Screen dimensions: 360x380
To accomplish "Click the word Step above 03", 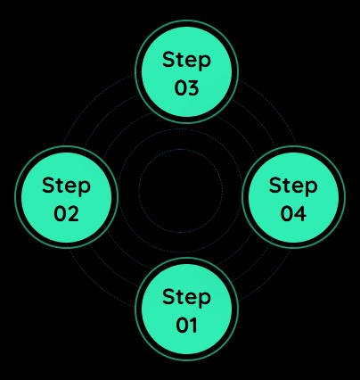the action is (186, 61).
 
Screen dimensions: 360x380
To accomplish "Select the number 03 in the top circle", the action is (186, 87).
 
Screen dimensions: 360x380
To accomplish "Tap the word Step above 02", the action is (66, 186).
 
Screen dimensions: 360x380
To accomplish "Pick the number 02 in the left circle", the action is (67, 213).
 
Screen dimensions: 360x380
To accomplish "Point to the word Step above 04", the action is (293, 186).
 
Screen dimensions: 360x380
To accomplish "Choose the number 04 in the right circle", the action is (293, 213).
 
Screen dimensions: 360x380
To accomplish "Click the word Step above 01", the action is (186, 298).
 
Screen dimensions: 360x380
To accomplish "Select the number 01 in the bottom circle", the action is (186, 325).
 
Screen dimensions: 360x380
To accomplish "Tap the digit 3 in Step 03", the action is (193, 87).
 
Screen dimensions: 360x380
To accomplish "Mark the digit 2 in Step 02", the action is (74, 213).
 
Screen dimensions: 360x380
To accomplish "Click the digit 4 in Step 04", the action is (300, 213).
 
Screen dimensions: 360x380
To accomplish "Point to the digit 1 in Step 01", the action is (193, 325).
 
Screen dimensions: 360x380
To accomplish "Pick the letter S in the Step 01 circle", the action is (168, 296).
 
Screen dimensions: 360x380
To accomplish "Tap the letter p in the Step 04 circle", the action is (312, 188).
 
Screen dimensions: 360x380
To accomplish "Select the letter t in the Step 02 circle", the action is (59, 186).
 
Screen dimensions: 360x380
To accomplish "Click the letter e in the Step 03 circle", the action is (191, 62).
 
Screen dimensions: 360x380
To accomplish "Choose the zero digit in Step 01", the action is (182, 325).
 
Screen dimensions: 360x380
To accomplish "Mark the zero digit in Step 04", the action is (287, 213).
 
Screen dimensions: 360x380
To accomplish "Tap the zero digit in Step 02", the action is (61, 213).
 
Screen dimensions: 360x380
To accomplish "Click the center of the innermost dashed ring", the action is (180, 191).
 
